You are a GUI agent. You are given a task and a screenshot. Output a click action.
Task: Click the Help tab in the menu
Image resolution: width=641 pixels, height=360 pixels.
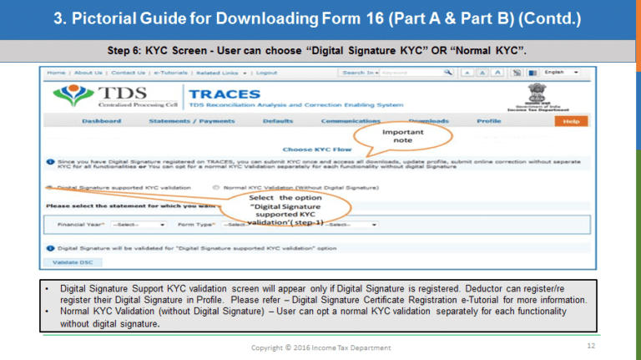click(x=571, y=121)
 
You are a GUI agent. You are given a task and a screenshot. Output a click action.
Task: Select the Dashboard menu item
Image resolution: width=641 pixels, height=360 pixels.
click(x=102, y=121)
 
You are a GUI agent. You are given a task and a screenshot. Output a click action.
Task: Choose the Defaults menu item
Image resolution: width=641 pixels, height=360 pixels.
click(x=277, y=121)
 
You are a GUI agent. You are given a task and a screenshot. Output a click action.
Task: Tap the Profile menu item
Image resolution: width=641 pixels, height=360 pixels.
click(x=488, y=121)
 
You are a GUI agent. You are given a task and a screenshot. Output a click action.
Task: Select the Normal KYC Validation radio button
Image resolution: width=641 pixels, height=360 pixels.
click(x=217, y=188)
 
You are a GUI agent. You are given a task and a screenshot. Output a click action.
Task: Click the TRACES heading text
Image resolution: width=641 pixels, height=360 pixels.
click(x=225, y=94)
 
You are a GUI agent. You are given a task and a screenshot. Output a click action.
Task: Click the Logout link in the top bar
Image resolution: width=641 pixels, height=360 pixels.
click(x=267, y=73)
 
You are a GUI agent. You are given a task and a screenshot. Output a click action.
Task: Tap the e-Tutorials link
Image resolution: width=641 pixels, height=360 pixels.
click(x=172, y=73)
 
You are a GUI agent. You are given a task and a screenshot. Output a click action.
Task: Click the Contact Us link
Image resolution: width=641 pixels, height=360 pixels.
click(x=128, y=73)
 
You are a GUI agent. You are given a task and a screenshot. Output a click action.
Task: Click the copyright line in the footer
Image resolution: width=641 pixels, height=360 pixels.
click(x=321, y=347)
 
